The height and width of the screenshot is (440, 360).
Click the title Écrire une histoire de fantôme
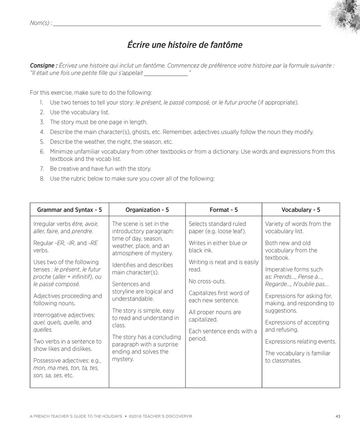(185, 45)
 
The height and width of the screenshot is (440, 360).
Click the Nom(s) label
(40, 23)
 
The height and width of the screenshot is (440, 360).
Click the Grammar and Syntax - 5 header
(70, 210)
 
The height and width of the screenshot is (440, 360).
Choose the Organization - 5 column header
(147, 210)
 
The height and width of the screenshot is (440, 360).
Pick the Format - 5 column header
(224, 210)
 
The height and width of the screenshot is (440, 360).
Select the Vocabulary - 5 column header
(301, 210)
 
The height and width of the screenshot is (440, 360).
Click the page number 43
(338, 416)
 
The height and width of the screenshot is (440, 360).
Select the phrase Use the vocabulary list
(80, 112)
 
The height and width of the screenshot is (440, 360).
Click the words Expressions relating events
(301, 341)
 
